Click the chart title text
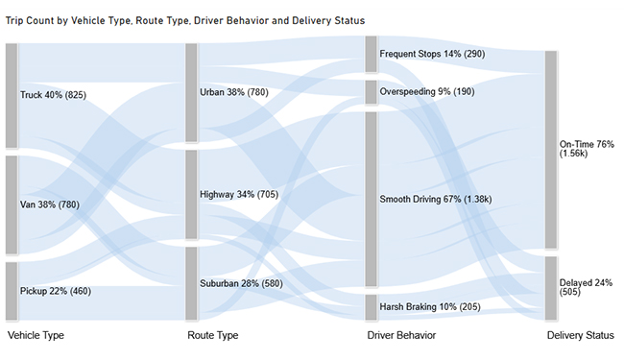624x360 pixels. click(184, 20)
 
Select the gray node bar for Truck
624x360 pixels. click(12, 96)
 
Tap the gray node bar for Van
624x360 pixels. click(12, 204)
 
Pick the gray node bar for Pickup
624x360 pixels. click(12, 291)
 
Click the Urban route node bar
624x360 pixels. click(191, 92)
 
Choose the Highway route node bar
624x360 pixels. click(191, 195)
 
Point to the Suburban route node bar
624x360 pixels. click(191, 284)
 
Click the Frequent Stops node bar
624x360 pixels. click(372, 55)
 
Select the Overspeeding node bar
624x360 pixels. click(372, 92)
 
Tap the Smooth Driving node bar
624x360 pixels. click(372, 200)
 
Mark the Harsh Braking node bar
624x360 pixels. click(372, 307)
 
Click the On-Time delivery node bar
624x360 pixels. click(551, 150)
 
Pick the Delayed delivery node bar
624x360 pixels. click(551, 288)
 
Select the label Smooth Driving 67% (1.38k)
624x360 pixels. click(435, 199)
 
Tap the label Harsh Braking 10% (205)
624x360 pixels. click(429, 307)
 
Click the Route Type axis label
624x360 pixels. click(212, 336)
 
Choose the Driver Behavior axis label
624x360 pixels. click(401, 336)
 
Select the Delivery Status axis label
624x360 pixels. click(580, 336)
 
